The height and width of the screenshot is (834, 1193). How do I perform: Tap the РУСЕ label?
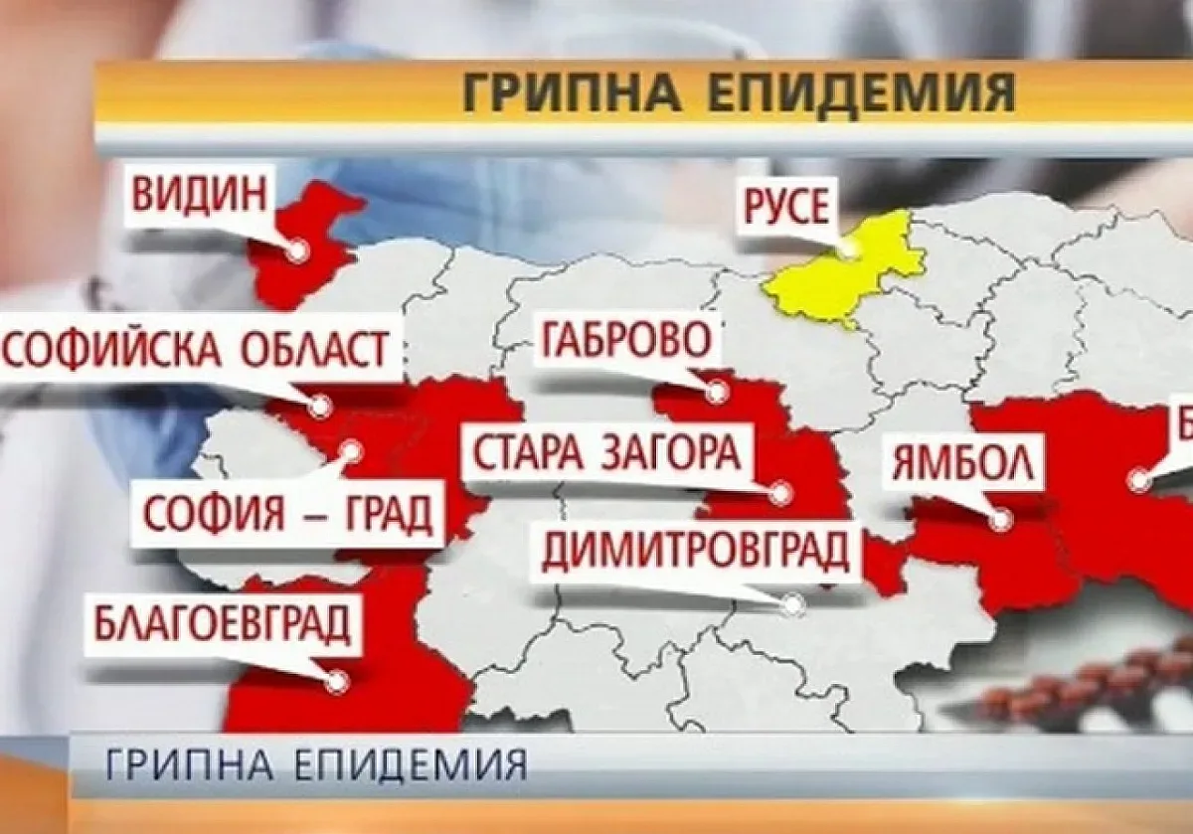click(x=784, y=209)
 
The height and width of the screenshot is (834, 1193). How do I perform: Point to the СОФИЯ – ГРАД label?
click(x=286, y=515)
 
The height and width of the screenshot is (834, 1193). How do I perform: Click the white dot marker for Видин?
click(x=296, y=251)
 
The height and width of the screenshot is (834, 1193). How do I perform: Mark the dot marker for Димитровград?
click(x=792, y=602)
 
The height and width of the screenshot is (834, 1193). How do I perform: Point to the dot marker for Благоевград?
click(x=337, y=682)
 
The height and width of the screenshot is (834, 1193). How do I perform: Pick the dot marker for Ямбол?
click(x=1001, y=519)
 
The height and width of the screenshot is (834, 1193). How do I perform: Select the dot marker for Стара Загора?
click(x=781, y=491)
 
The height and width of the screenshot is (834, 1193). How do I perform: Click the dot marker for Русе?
click(x=847, y=250)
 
